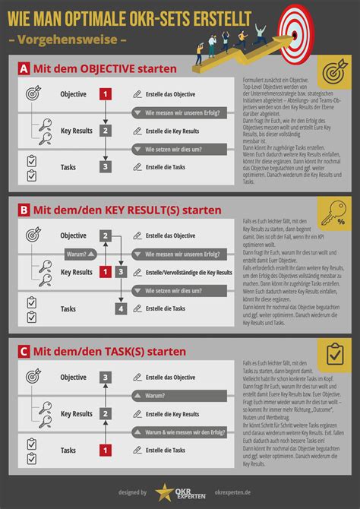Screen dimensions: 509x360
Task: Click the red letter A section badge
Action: click(x=24, y=70)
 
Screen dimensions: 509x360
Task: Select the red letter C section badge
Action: click(x=24, y=351)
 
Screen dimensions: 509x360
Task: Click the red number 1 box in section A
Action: click(x=106, y=95)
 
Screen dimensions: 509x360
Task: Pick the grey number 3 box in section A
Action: click(x=106, y=167)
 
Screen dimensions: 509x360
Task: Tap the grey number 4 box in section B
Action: click(x=121, y=308)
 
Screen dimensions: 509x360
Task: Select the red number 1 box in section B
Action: click(x=106, y=272)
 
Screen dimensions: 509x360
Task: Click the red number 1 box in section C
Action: click(x=106, y=451)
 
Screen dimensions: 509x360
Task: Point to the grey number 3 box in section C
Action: click(x=106, y=378)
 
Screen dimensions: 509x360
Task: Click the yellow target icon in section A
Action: click(x=334, y=72)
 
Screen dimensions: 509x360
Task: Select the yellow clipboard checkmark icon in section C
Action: click(x=334, y=355)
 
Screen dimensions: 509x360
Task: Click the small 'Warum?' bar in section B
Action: click(x=78, y=254)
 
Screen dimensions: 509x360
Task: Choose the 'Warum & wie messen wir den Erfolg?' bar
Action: click(x=178, y=432)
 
